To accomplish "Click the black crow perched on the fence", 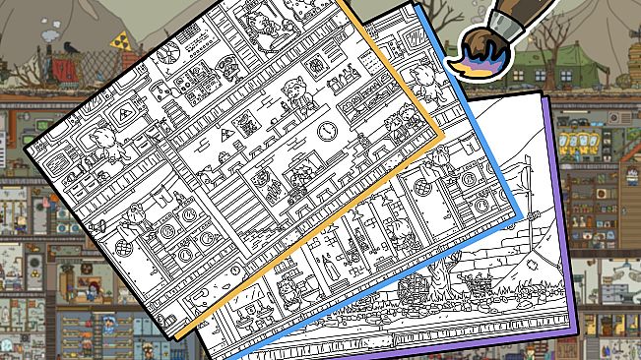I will [68, 45].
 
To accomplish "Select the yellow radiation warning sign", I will [122, 40].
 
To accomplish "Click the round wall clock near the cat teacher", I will [326, 130].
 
